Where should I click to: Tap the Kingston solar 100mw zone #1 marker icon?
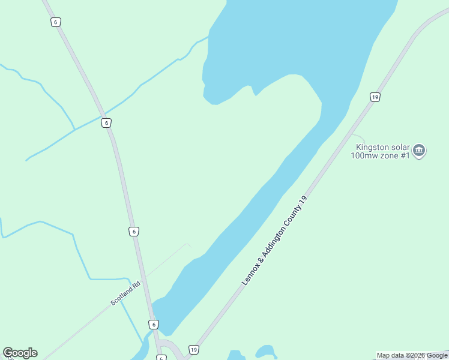(420, 150)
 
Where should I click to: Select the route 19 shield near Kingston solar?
(375, 97)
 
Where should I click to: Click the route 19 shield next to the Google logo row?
(193, 349)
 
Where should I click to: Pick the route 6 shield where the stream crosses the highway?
(106, 122)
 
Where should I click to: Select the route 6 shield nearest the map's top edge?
(55, 22)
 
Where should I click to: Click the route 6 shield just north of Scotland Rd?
(133, 231)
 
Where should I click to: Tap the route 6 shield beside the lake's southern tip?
(154, 325)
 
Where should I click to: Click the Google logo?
(20, 353)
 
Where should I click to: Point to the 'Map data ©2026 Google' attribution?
(412, 355)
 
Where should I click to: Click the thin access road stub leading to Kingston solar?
(358, 137)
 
